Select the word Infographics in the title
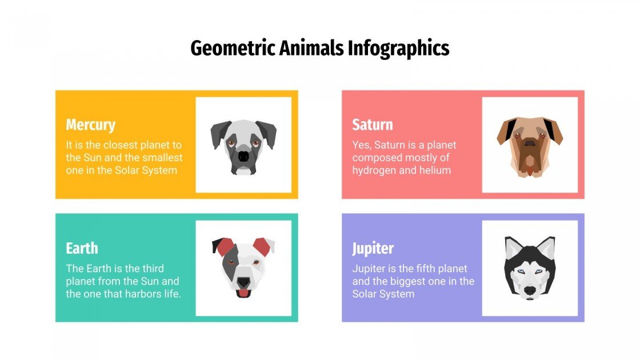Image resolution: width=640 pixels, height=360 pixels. pyautogui.click(x=399, y=49)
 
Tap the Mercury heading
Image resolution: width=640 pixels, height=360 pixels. pyautogui.click(x=90, y=125)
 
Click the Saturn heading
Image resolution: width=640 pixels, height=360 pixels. pyautogui.click(x=372, y=125)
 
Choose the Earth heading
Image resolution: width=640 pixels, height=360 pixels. pyautogui.click(x=82, y=248)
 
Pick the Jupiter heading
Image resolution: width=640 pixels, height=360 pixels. pyautogui.click(x=373, y=248)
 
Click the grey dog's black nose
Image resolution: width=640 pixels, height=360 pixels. pyautogui.click(x=244, y=156)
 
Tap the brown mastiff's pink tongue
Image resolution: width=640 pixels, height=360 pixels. pyautogui.click(x=530, y=170)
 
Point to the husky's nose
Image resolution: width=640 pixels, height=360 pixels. pyautogui.click(x=530, y=291)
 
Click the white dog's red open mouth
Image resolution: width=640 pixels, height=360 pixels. pyautogui.click(x=243, y=293)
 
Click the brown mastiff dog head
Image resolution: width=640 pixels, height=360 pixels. pyautogui.click(x=530, y=145)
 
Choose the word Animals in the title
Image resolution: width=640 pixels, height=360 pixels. pyautogui.click(x=311, y=49)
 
